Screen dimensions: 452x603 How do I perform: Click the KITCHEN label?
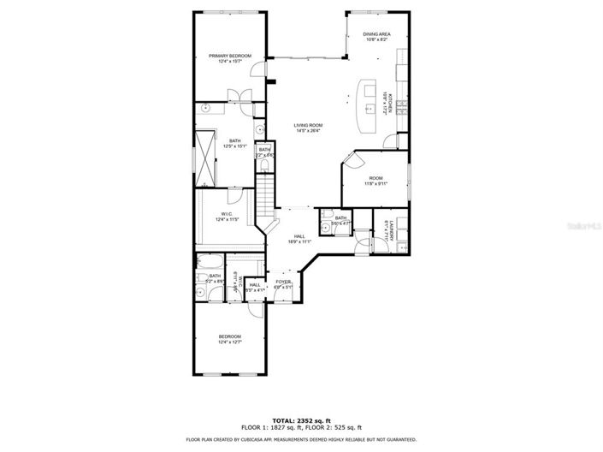pos(386,102)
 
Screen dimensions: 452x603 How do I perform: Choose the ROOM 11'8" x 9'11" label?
pos(376,180)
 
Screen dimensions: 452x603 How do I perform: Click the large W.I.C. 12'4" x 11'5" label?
pos(228,217)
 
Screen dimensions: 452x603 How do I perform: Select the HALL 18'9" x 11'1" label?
pos(299,239)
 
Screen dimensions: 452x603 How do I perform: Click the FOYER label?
pos(283,284)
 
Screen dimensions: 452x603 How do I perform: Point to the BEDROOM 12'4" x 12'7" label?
pos(229,339)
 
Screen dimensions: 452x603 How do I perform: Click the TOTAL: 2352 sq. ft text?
pos(300,419)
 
